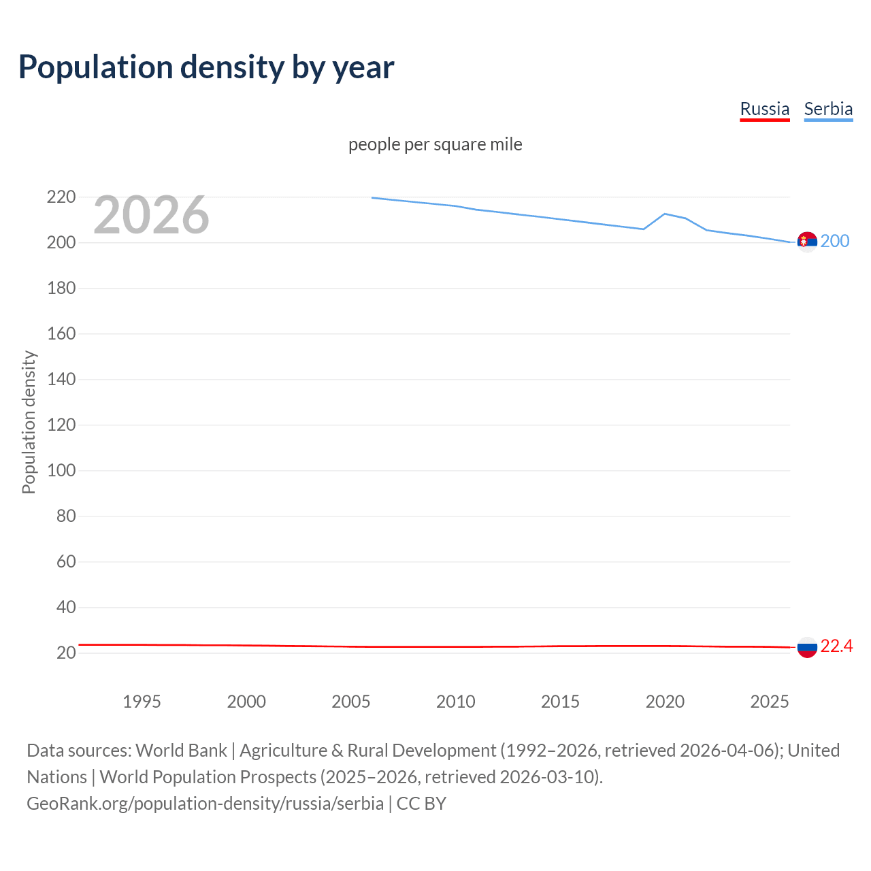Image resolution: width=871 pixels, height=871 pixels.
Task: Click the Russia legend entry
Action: pyautogui.click(x=764, y=109)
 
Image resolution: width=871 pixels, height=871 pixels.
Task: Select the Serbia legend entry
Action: pyautogui.click(x=828, y=109)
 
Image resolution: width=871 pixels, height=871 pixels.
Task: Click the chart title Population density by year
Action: pyautogui.click(x=206, y=67)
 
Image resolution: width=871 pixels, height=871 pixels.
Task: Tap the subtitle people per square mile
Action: pyautogui.click(x=435, y=144)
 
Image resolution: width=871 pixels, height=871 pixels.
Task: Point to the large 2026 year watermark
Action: pyautogui.click(x=151, y=215)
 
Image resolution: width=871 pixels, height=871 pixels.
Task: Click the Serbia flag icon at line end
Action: pyautogui.click(x=807, y=242)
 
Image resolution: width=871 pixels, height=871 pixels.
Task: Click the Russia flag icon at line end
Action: pyautogui.click(x=807, y=647)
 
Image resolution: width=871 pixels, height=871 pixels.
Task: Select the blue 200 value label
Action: pyautogui.click(x=835, y=241)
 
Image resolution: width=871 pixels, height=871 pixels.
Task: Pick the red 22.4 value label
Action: pyautogui.click(x=836, y=646)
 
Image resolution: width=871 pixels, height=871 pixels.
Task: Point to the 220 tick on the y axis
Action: pyautogui.click(x=61, y=197)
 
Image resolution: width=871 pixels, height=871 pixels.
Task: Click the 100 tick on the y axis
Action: pyautogui.click(x=61, y=470)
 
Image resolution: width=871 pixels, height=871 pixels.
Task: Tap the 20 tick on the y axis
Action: pyautogui.click(x=66, y=653)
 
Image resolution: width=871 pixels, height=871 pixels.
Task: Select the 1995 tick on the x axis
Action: pyautogui.click(x=142, y=702)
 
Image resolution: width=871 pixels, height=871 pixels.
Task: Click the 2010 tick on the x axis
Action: pyautogui.click(x=455, y=702)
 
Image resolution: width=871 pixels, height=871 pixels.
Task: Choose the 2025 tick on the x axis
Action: pyautogui.click(x=770, y=702)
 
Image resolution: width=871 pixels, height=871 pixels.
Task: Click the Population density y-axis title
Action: pyautogui.click(x=29, y=422)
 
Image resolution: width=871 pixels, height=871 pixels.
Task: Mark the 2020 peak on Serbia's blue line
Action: pyautogui.click(x=665, y=214)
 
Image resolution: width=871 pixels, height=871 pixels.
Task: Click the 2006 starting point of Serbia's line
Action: pyautogui.click(x=372, y=198)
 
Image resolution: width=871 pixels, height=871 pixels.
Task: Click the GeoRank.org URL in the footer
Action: pyautogui.click(x=205, y=804)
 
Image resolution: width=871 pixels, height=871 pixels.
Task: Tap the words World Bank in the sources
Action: pyautogui.click(x=181, y=751)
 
